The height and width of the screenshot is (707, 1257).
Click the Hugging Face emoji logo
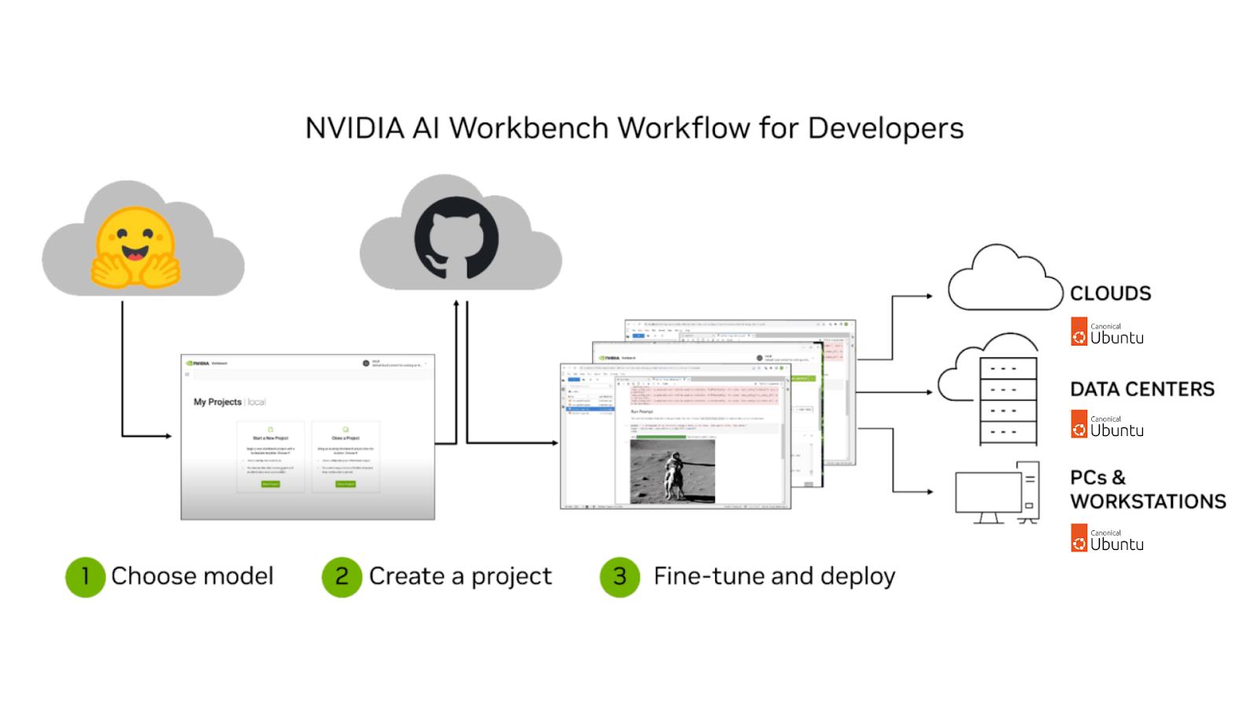[x=135, y=247]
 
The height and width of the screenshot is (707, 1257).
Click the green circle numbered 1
[x=85, y=577]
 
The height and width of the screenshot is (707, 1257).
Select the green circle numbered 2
[x=342, y=577]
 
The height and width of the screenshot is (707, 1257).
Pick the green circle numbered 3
[x=620, y=577]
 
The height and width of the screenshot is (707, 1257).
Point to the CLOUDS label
[x=1110, y=294]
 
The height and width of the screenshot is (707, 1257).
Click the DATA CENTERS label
[x=1142, y=389]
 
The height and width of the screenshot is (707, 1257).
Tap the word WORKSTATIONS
[x=1148, y=501]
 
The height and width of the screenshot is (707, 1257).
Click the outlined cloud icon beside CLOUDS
[x=1004, y=280]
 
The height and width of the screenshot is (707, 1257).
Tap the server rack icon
[x=1007, y=400]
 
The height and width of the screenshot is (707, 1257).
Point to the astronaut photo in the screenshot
[x=672, y=471]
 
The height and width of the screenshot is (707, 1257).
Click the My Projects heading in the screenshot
[x=218, y=401]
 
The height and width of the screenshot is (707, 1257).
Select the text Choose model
[x=192, y=577]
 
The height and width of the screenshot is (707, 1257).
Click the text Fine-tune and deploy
[x=774, y=577]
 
